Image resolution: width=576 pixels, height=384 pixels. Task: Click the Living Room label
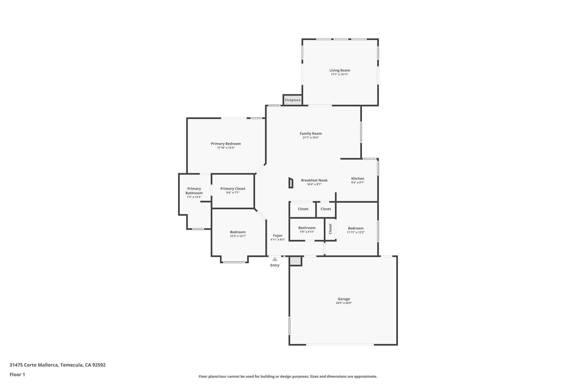(x=339, y=70)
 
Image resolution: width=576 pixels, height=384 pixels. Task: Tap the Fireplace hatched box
(x=292, y=100)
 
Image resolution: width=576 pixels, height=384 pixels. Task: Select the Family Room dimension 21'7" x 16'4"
(x=310, y=138)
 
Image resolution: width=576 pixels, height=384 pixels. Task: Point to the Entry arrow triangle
(x=275, y=259)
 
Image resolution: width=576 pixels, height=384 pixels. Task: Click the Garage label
(x=344, y=299)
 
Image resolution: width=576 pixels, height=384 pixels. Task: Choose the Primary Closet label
(x=233, y=189)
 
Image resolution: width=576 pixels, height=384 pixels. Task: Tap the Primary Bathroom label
(x=194, y=191)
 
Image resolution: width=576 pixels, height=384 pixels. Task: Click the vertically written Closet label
(x=330, y=229)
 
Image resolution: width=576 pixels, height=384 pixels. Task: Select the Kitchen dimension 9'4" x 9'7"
(x=357, y=183)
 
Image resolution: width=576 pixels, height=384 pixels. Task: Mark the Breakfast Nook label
(x=314, y=180)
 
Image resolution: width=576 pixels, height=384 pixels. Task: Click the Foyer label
(x=278, y=236)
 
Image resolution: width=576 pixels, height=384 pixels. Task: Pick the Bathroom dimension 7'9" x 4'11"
(x=307, y=232)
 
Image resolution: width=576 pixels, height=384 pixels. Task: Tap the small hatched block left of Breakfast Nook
(x=291, y=183)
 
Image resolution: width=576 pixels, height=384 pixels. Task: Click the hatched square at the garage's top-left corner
(x=296, y=261)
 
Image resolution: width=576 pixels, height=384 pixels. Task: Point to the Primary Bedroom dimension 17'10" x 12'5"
(x=226, y=148)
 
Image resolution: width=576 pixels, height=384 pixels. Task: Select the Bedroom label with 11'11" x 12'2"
(x=355, y=228)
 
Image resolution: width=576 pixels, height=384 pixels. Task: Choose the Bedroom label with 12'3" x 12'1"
(x=238, y=232)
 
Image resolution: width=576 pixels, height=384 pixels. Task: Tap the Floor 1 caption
(x=17, y=374)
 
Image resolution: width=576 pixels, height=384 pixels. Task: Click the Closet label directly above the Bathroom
(x=303, y=209)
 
